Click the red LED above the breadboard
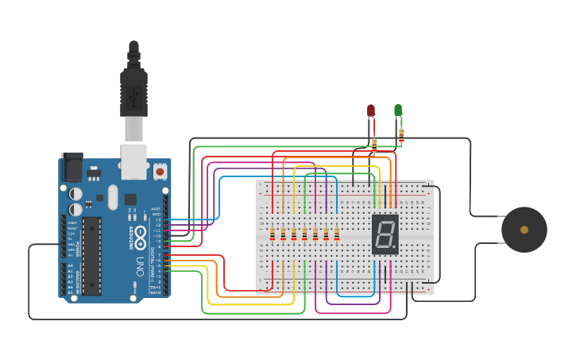coord(371,110)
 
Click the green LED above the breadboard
coord(398,110)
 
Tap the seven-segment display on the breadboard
coord(385,234)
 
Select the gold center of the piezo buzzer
coord(524,230)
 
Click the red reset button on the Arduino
coord(160,171)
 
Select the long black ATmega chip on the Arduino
coord(91,255)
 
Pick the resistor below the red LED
coord(374,144)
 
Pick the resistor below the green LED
coord(401,136)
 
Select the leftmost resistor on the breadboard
coord(273,234)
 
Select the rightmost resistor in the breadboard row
coord(337,234)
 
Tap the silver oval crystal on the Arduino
coord(113,197)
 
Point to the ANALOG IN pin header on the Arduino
coord(64,279)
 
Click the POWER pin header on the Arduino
coord(64,236)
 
